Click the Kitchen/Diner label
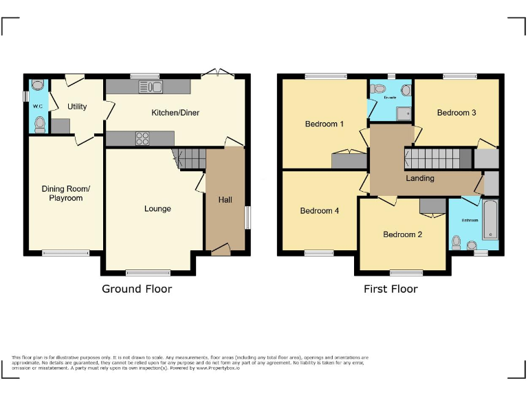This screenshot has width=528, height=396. (175, 112)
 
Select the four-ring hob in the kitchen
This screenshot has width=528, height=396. (143, 138)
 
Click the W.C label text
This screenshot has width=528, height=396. (38, 107)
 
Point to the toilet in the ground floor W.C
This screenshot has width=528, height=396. (40, 124)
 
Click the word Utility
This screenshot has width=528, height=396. (77, 107)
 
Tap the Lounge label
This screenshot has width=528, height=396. (157, 208)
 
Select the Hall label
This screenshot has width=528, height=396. (225, 200)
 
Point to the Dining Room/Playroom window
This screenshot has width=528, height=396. (65, 252)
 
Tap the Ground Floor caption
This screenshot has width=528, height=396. (137, 289)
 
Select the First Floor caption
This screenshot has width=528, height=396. (390, 289)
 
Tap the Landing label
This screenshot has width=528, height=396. (419, 178)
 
